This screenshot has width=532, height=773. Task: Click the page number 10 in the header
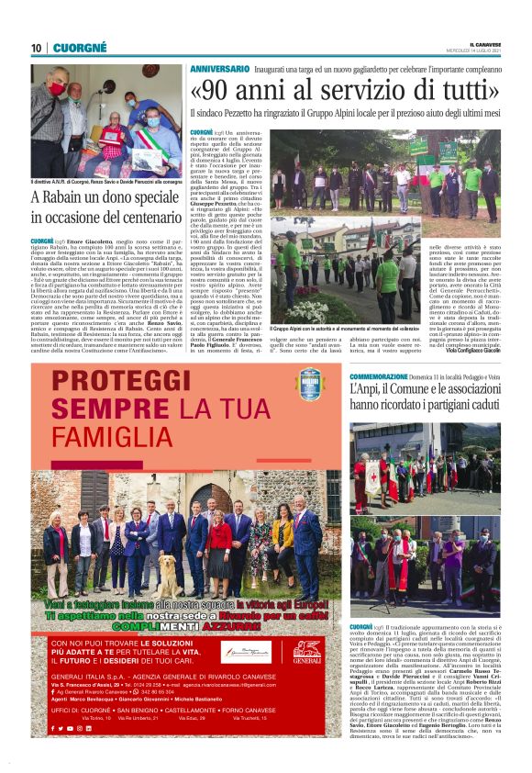click(36, 48)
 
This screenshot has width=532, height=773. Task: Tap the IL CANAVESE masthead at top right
click(479, 43)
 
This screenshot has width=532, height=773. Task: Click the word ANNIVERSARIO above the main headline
click(220, 70)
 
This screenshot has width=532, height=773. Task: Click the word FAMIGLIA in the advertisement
click(100, 431)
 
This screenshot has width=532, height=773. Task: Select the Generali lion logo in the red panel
click(307, 652)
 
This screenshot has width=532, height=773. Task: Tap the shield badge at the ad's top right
click(310, 383)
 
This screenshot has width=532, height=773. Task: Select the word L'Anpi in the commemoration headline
click(365, 392)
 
